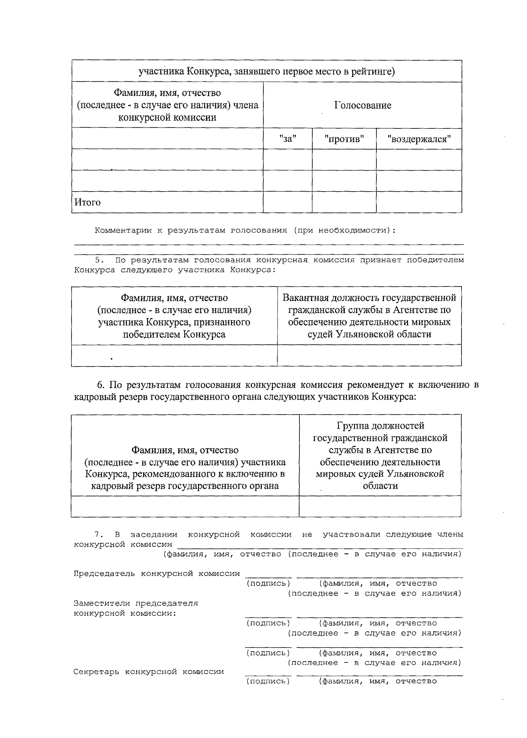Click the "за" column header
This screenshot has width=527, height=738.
[x=288, y=139]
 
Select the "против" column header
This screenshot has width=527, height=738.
[x=344, y=139]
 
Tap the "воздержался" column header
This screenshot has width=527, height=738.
[x=419, y=139]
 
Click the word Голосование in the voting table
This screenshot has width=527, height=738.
[x=362, y=105]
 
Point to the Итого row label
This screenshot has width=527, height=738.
[x=87, y=202]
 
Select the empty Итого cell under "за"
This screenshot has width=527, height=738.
[x=288, y=202]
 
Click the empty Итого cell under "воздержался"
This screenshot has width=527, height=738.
[x=419, y=202]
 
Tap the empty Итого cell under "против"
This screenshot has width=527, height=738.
[x=344, y=202]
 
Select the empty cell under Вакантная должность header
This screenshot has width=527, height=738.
[x=369, y=355]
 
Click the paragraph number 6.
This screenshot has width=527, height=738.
[x=101, y=385]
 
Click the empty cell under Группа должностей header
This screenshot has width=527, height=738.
[x=380, y=506]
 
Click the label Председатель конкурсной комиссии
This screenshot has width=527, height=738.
[x=156, y=574]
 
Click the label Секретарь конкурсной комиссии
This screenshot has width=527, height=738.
[x=148, y=672]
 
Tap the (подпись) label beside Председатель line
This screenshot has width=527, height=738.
[x=268, y=583]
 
